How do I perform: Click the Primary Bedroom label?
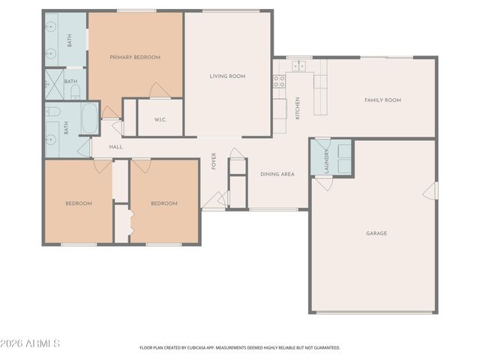coord(135,57)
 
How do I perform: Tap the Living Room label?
coord(227,76)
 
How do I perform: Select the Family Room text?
coord(382,100)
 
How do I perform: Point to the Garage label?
coord(376,233)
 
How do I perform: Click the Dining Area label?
coord(277,174)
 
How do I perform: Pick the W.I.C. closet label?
coord(160,120)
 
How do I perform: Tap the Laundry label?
coord(326,161)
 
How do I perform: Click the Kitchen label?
coord(297,108)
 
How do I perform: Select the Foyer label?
coord(214,161)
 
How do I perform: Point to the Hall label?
coord(116,147)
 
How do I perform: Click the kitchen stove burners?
coord(279,82)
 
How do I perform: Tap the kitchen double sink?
coord(298,66)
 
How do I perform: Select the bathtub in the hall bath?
coord(90,118)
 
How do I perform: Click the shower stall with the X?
coord(55,85)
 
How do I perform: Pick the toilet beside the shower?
coord(75,92)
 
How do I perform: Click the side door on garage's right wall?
coord(430,191)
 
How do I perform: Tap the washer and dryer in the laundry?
coord(344,159)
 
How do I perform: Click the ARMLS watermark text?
coord(30,343)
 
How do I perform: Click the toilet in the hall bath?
coord(52,112)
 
